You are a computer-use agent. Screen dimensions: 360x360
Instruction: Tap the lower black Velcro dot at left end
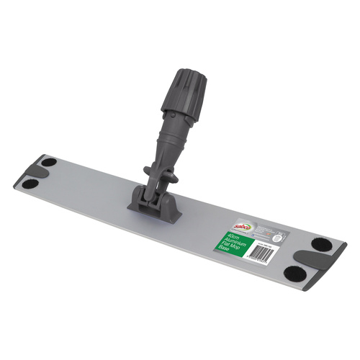point(31,184)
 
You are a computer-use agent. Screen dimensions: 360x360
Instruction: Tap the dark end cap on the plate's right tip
point(333,272)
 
